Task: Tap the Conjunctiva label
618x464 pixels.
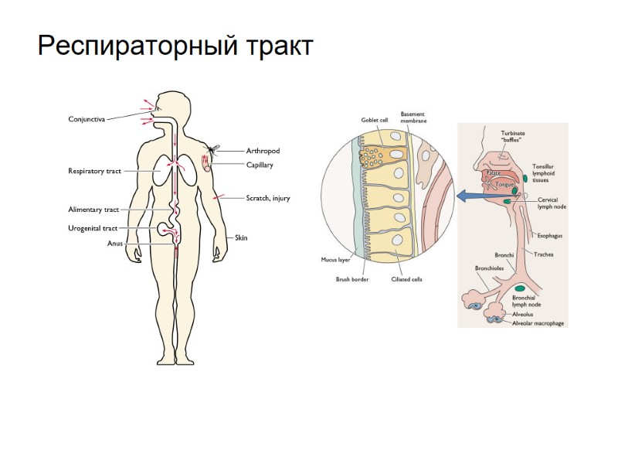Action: pos(87,119)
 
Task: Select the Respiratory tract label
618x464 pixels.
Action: pos(94,171)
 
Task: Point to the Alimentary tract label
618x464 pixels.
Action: pos(93,210)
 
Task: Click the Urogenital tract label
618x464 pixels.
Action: pos(93,229)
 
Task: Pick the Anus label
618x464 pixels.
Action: pos(114,244)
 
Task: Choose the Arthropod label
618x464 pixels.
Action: pos(263,151)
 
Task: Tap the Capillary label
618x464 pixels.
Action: pos(260,165)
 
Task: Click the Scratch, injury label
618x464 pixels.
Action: pos(267,198)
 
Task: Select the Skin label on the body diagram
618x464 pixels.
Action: pos(241,237)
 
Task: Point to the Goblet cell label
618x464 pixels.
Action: pos(375,120)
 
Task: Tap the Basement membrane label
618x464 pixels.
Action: pos(413,118)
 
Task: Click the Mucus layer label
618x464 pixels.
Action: pos(336,260)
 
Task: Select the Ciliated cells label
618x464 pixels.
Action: pos(406,279)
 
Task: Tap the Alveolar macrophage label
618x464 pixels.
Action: pos(538,323)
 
